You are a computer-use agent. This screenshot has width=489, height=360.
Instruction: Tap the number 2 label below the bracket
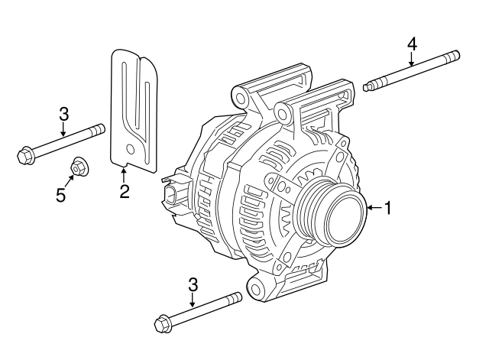pos(124,190)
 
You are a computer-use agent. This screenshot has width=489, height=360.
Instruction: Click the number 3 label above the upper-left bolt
pos(64,115)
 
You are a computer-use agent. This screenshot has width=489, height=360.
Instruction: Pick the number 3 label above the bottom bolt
pos(193,285)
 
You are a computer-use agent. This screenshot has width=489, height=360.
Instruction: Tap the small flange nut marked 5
pos(79,165)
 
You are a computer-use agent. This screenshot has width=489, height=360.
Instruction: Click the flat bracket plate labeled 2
pos(134,107)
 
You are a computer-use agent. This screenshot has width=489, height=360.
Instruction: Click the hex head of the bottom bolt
pos(162,324)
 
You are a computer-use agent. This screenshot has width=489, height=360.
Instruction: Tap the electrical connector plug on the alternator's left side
pos(173,196)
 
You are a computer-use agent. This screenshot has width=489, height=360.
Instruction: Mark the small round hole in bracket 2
pos(132,148)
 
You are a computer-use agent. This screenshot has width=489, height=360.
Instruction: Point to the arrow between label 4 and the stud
pos(411,59)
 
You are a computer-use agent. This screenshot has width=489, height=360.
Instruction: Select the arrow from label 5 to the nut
pos(70,180)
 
